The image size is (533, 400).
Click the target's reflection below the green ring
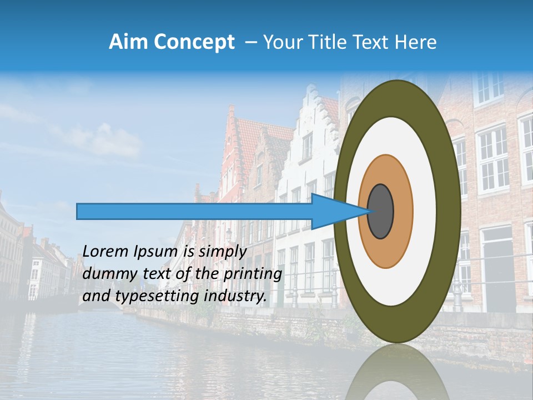398,372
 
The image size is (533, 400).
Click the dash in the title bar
250,42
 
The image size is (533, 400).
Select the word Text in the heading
373,42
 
